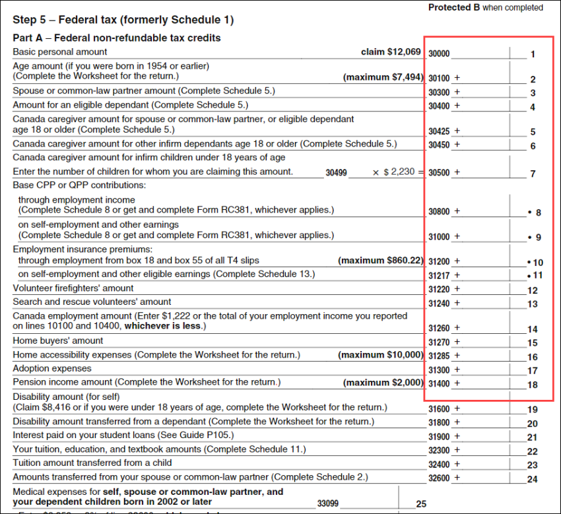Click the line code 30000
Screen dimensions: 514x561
tap(439, 53)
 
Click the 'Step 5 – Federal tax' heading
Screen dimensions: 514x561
tap(123, 20)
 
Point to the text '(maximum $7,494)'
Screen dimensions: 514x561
tap(383, 77)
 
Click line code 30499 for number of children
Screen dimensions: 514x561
tap(336, 173)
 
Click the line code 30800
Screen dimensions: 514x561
tap(439, 211)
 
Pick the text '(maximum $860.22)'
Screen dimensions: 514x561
tap(380, 261)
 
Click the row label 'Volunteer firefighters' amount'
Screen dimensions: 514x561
tap(73, 288)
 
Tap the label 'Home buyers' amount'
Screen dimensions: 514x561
tap(58, 341)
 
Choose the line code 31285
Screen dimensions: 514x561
tap(439, 356)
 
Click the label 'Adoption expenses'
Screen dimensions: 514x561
tap(52, 369)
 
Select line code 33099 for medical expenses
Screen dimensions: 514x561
tap(328, 503)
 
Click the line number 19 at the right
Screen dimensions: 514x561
tap(533, 410)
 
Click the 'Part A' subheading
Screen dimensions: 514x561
tap(117, 38)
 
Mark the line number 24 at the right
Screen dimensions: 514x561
tap(533, 480)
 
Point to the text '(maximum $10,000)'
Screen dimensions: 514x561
tap(380, 355)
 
